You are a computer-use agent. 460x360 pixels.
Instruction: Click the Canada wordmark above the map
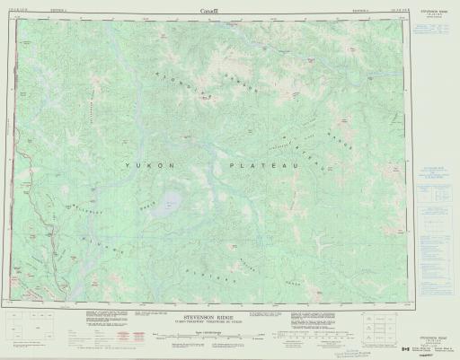pyautogui.click(x=229, y=8)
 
